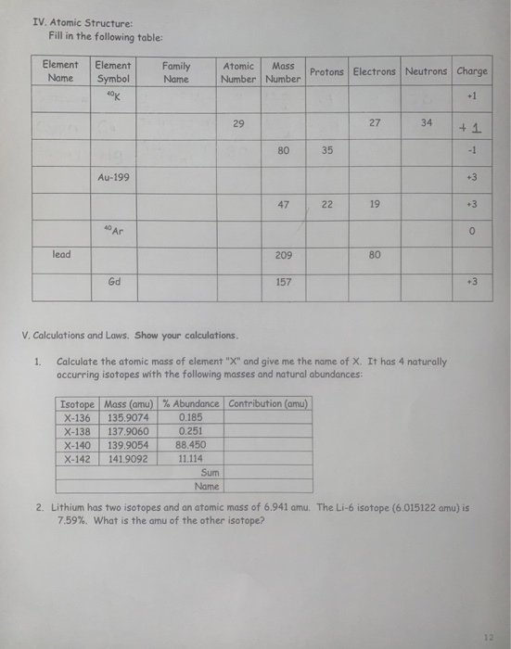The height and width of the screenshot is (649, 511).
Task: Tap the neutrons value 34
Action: tap(426, 122)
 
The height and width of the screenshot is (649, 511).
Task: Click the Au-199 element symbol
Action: tap(113, 175)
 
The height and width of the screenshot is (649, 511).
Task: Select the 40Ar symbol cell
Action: tap(113, 227)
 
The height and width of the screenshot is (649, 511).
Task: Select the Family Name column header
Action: tap(175, 72)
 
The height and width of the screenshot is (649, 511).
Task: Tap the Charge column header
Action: tap(472, 71)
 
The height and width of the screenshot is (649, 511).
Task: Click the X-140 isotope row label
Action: tap(78, 444)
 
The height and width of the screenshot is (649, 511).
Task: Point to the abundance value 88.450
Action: tap(190, 444)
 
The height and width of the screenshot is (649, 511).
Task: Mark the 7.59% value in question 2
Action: tap(71, 518)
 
